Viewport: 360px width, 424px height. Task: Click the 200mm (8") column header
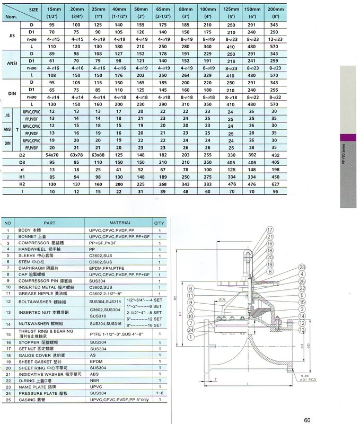click(x=274, y=12)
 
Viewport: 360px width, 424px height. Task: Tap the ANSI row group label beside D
click(x=11, y=63)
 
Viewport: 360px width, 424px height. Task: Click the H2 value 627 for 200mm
click(x=274, y=184)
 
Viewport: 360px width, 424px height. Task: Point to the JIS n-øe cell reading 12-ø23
click(x=274, y=39)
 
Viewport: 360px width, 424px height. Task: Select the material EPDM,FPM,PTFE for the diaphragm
click(x=109, y=268)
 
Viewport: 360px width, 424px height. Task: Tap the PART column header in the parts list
click(x=49, y=223)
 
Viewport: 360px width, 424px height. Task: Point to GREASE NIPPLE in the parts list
click(x=35, y=293)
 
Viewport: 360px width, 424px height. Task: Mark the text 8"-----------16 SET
click(x=136, y=324)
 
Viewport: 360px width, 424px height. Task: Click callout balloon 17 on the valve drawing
click(x=269, y=230)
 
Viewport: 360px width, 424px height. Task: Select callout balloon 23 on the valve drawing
click(x=302, y=267)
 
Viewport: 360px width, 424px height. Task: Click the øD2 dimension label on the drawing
click(x=223, y=299)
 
